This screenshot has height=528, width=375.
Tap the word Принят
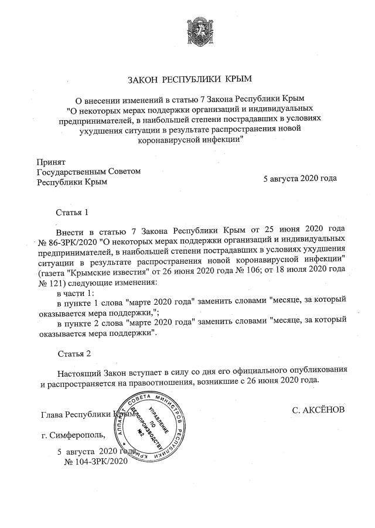51,161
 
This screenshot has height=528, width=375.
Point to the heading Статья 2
74,355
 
